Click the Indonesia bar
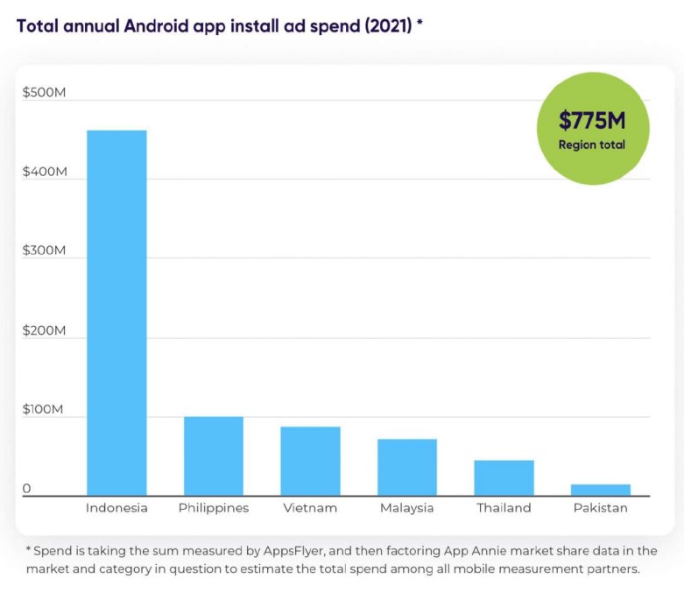116,313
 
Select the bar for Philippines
214,456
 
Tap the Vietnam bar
310,462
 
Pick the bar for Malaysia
407,468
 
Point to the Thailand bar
504,478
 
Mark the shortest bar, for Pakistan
601,491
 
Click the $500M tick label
45,93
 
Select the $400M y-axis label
45,172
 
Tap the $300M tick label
45,251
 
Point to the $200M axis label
45,330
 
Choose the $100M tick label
45,410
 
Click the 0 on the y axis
26,489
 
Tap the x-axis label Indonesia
116,508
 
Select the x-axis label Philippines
214,508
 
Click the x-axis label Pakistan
601,508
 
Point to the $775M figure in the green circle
592,121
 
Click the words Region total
592,145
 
